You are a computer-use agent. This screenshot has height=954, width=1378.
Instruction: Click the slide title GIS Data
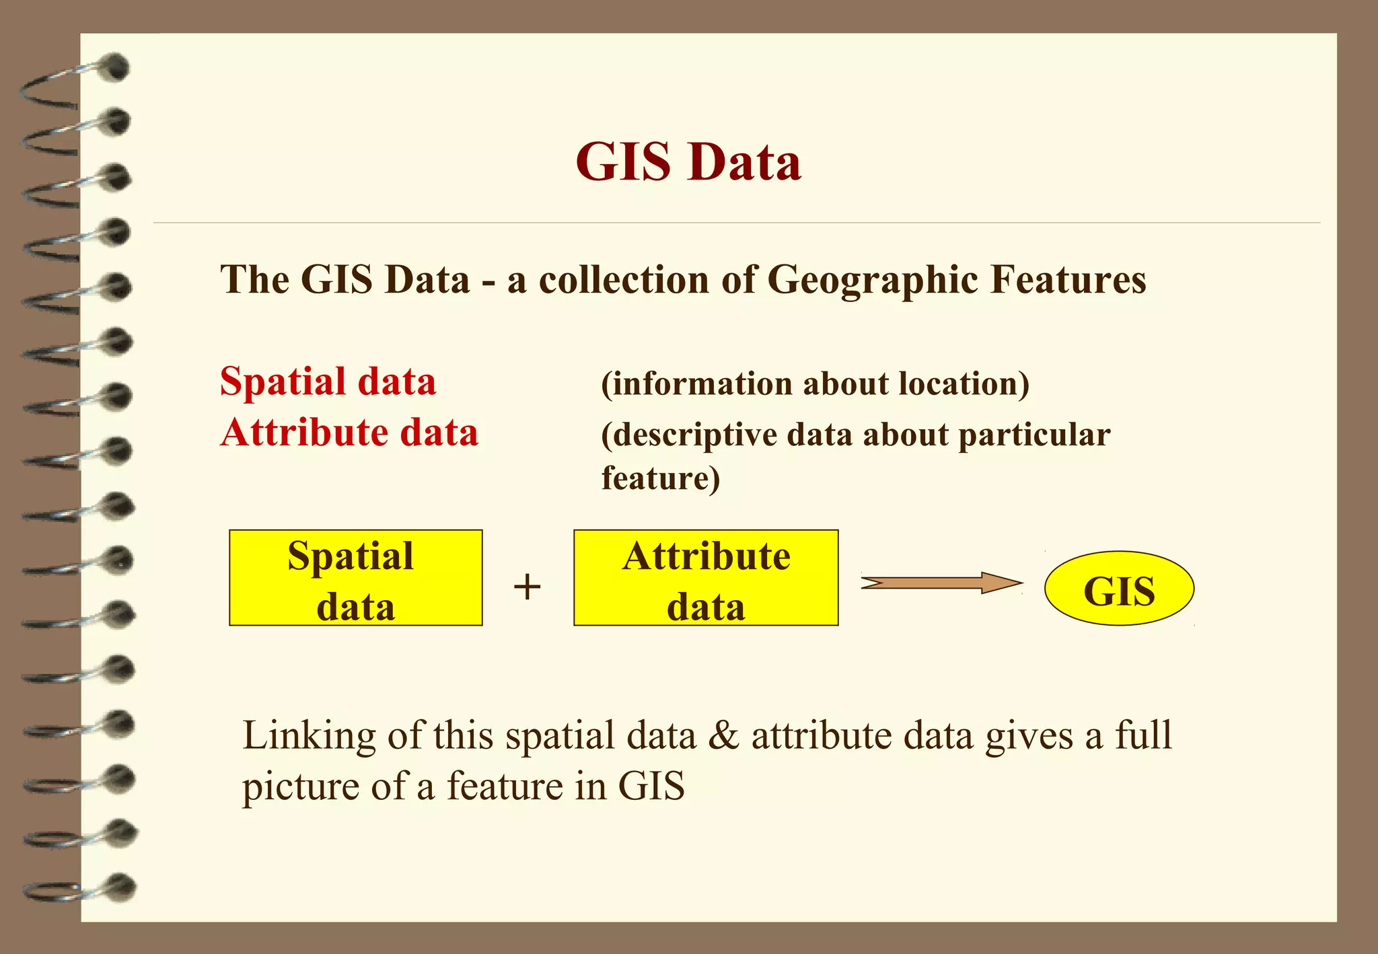688,162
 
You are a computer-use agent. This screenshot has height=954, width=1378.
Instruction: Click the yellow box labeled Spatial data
355,578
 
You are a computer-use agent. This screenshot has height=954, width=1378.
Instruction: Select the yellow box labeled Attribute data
706,578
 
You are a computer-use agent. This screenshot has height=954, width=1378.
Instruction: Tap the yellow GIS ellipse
1119,589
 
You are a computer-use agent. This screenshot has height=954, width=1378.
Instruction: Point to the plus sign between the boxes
528,586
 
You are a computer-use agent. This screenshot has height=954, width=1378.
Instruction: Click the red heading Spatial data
328,381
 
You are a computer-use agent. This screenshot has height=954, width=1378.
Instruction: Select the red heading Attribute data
349,432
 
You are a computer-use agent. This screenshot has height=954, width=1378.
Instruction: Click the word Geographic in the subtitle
872,280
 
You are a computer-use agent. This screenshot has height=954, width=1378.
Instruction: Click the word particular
1034,435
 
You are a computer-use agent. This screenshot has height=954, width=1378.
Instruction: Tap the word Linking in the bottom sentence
309,735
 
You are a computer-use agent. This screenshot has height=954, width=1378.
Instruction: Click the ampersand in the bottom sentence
723,735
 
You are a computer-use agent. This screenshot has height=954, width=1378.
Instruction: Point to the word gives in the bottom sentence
1029,735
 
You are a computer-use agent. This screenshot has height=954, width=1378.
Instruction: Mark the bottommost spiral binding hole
121,887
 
